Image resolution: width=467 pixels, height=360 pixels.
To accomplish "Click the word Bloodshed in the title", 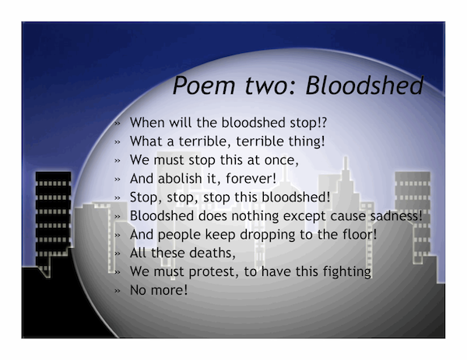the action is point(364,86).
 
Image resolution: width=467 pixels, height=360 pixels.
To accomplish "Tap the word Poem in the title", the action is point(204,86).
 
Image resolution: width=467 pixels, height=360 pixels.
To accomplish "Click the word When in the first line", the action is point(147,123).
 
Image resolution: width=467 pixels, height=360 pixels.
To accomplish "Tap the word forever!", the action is point(251,179).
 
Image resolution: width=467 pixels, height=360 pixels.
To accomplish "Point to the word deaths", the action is point(211,253).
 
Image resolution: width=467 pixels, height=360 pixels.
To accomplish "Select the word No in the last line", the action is point(139,290).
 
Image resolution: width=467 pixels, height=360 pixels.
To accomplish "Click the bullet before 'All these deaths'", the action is point(118,253).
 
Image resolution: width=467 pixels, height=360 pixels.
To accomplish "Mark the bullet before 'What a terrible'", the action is point(118,142).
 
